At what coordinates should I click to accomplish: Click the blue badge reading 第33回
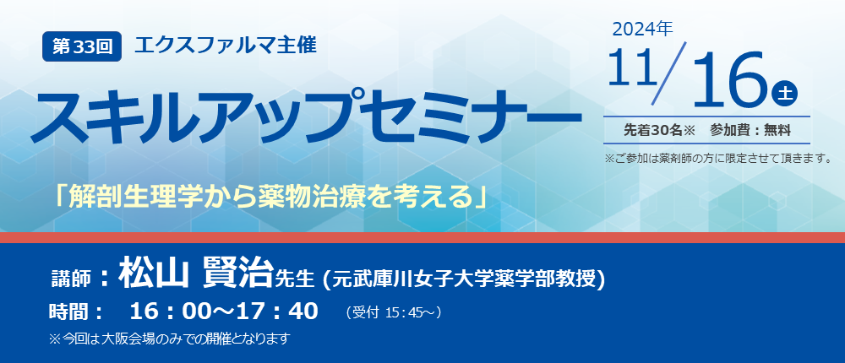[82, 47]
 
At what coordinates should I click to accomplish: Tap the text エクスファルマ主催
[226, 45]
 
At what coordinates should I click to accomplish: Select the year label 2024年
[642, 29]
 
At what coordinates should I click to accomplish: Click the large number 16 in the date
[730, 79]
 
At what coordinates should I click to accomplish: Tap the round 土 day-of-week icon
[784, 94]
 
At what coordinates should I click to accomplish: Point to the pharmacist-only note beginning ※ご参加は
[717, 159]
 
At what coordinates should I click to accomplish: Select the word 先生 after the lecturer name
[295, 278]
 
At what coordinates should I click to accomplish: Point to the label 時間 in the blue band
[69, 312]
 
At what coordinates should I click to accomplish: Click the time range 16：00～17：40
[224, 312]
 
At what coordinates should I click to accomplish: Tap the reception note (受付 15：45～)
[394, 312]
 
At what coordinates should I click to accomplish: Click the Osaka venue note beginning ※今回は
[170, 339]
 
